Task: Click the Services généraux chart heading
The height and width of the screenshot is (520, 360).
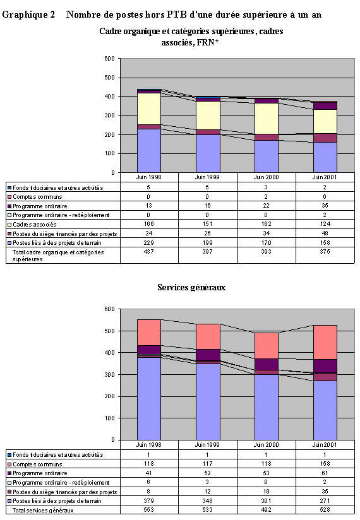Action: pos(191,287)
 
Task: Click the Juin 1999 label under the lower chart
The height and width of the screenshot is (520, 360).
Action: pos(208,446)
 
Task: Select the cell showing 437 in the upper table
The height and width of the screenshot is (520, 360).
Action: pos(148,251)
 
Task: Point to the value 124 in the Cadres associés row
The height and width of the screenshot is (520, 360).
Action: pos(324,224)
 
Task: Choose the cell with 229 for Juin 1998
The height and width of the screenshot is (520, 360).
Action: pos(148,242)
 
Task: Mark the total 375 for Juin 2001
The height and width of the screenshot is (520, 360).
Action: pos(324,251)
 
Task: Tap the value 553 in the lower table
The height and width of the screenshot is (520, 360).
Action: pos(148,510)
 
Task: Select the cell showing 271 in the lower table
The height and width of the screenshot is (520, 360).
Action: pos(324,500)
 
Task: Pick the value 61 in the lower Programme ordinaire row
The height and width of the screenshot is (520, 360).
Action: pos(324,473)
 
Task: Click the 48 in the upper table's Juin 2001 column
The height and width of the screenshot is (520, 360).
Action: pos(324,233)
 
